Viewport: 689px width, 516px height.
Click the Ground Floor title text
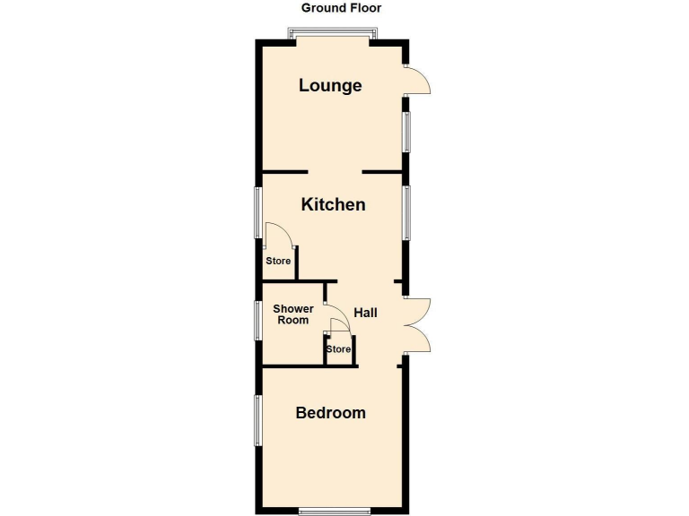[341, 8]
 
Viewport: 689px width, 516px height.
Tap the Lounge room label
[330, 86]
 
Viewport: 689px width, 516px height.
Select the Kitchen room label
[333, 204]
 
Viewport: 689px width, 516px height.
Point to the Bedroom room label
[331, 413]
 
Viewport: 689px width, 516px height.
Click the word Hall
[365, 314]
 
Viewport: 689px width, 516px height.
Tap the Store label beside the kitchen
[278, 262]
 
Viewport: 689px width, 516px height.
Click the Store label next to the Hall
[338, 349]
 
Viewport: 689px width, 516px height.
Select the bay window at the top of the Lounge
[332, 35]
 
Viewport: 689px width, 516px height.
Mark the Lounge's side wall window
[406, 132]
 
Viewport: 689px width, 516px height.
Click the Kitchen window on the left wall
[258, 212]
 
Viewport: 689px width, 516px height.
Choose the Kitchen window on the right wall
[406, 212]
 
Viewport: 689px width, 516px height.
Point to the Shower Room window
[258, 320]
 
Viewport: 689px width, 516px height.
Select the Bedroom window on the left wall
[258, 420]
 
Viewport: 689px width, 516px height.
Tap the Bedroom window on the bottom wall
[334, 512]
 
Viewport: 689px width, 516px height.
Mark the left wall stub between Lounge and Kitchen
[285, 171]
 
